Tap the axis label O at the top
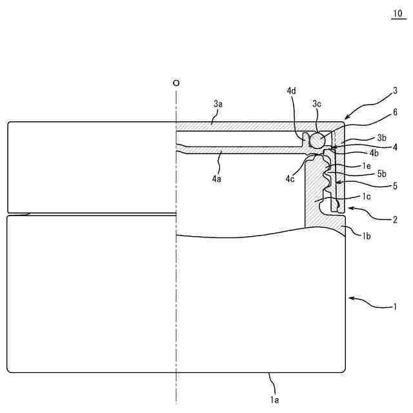click(x=176, y=83)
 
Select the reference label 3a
click(x=217, y=103)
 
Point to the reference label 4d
click(x=292, y=91)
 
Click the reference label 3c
click(x=317, y=103)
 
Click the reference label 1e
click(x=367, y=165)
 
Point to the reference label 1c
click(x=365, y=196)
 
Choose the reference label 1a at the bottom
click(x=274, y=400)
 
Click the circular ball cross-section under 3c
click(x=317, y=139)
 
